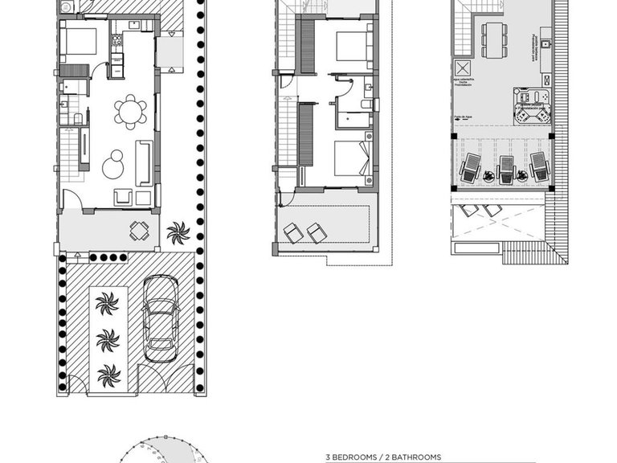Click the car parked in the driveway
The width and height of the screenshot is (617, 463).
click(x=161, y=319)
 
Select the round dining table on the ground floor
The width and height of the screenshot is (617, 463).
click(x=129, y=112)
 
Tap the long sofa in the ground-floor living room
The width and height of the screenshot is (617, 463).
click(x=144, y=162)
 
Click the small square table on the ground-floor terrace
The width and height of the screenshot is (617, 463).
click(x=140, y=231)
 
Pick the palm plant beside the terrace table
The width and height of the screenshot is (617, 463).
click(x=178, y=233)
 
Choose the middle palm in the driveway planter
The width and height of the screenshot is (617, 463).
click(x=107, y=340)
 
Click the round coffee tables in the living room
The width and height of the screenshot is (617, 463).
click(x=114, y=165)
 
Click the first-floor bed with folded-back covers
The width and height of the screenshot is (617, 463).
click(x=352, y=158)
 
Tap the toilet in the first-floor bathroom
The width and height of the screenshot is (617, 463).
click(x=366, y=103)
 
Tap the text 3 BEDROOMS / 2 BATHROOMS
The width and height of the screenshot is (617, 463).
click(x=383, y=457)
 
